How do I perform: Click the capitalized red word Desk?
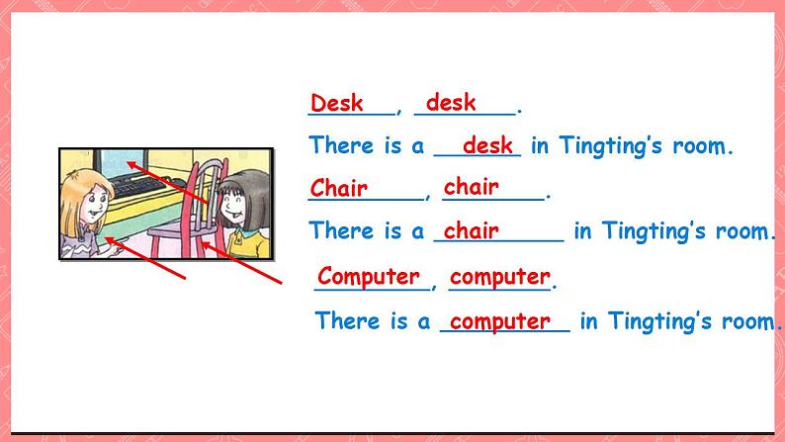[x=336, y=103]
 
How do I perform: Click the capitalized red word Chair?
[x=339, y=188]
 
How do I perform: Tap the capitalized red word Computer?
[x=369, y=276]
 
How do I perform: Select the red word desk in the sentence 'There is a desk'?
[x=487, y=145]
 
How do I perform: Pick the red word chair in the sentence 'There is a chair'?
[x=472, y=230]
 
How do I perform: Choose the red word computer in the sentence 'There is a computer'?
[x=499, y=321]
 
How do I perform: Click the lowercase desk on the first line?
[x=451, y=103]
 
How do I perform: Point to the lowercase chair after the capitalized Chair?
[x=472, y=187]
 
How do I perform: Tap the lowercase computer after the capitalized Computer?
[x=499, y=277]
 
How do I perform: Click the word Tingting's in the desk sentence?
[x=610, y=145]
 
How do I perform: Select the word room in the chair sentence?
[x=741, y=231]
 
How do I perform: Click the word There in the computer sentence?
[x=347, y=320]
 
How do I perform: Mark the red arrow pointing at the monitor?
[x=167, y=182]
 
